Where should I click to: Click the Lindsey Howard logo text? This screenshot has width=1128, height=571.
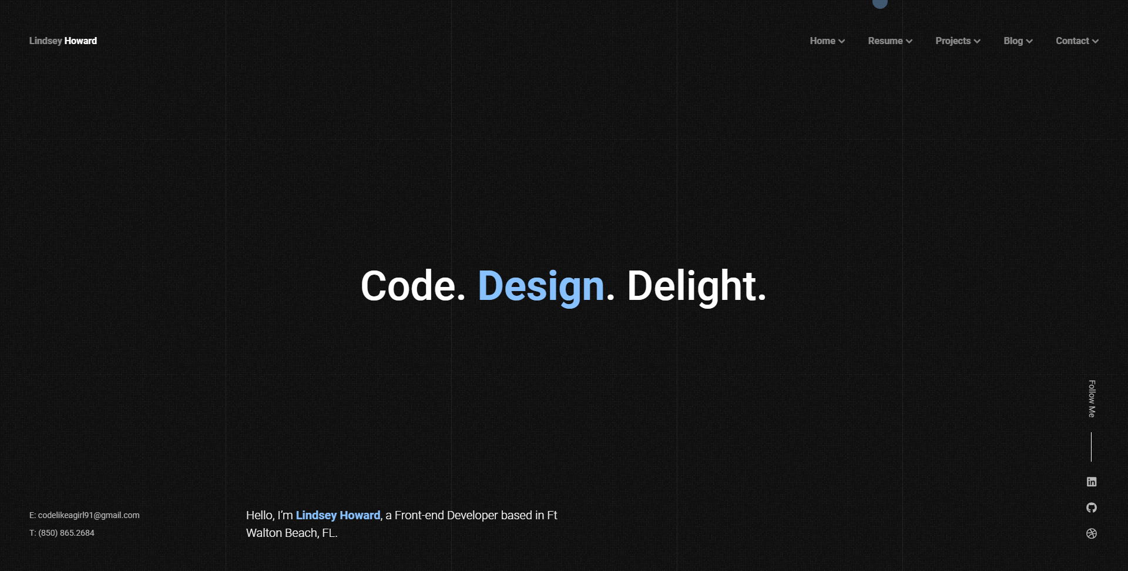(x=63, y=41)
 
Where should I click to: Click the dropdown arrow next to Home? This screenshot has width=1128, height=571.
(x=842, y=41)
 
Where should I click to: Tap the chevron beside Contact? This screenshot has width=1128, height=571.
(x=1095, y=41)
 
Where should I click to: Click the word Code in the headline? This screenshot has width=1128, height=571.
(x=408, y=286)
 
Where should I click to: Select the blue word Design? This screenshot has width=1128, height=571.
(x=541, y=287)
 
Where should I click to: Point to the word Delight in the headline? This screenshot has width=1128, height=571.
(x=691, y=286)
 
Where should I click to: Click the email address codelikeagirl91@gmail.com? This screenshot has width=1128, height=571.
(x=89, y=515)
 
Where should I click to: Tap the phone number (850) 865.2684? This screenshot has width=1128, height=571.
(x=66, y=533)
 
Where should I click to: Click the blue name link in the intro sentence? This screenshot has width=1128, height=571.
(x=338, y=515)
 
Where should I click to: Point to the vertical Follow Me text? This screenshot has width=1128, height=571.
(x=1092, y=399)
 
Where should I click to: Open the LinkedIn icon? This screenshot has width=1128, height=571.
(x=1092, y=482)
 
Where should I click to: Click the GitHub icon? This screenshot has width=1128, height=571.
(x=1092, y=507)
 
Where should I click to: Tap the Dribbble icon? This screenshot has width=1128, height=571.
(x=1092, y=533)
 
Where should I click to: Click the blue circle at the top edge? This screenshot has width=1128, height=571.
(x=880, y=3)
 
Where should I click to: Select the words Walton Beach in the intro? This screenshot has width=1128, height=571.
(x=282, y=533)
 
